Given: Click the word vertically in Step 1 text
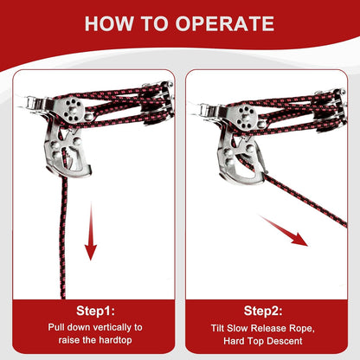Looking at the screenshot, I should (x=112, y=327).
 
